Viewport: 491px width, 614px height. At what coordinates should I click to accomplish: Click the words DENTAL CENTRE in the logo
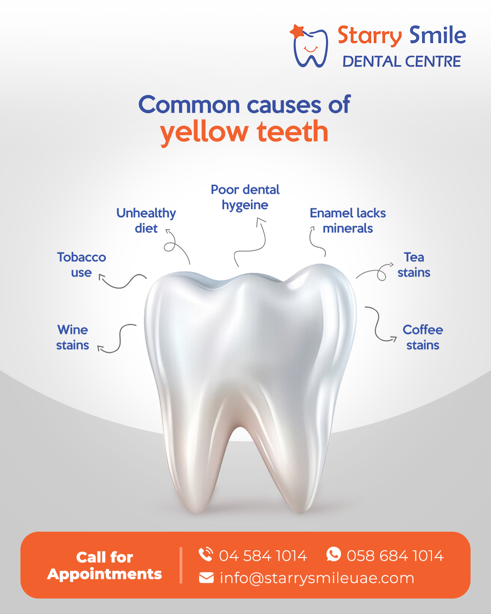(x=401, y=62)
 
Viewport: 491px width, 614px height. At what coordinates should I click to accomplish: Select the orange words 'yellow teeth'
(x=244, y=132)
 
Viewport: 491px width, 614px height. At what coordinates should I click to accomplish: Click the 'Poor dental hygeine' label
(x=245, y=197)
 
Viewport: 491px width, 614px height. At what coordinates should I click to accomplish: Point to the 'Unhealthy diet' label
(x=146, y=221)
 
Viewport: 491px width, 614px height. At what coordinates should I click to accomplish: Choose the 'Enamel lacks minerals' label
(x=348, y=221)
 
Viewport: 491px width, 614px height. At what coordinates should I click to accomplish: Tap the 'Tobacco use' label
(x=81, y=265)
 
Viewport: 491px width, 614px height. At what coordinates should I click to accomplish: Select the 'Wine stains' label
(x=73, y=337)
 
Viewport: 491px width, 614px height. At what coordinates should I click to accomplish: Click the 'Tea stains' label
(x=414, y=265)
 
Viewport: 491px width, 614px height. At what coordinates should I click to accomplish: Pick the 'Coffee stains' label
(x=423, y=337)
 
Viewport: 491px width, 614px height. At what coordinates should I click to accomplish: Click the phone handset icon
(x=205, y=554)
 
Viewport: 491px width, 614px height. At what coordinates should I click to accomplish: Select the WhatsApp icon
(x=334, y=554)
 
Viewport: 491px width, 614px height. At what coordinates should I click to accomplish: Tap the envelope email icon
(x=206, y=579)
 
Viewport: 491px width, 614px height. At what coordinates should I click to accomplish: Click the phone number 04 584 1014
(x=263, y=556)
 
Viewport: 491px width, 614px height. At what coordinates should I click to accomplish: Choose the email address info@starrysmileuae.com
(x=317, y=579)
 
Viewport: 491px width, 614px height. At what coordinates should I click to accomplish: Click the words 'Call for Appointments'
(x=105, y=566)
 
